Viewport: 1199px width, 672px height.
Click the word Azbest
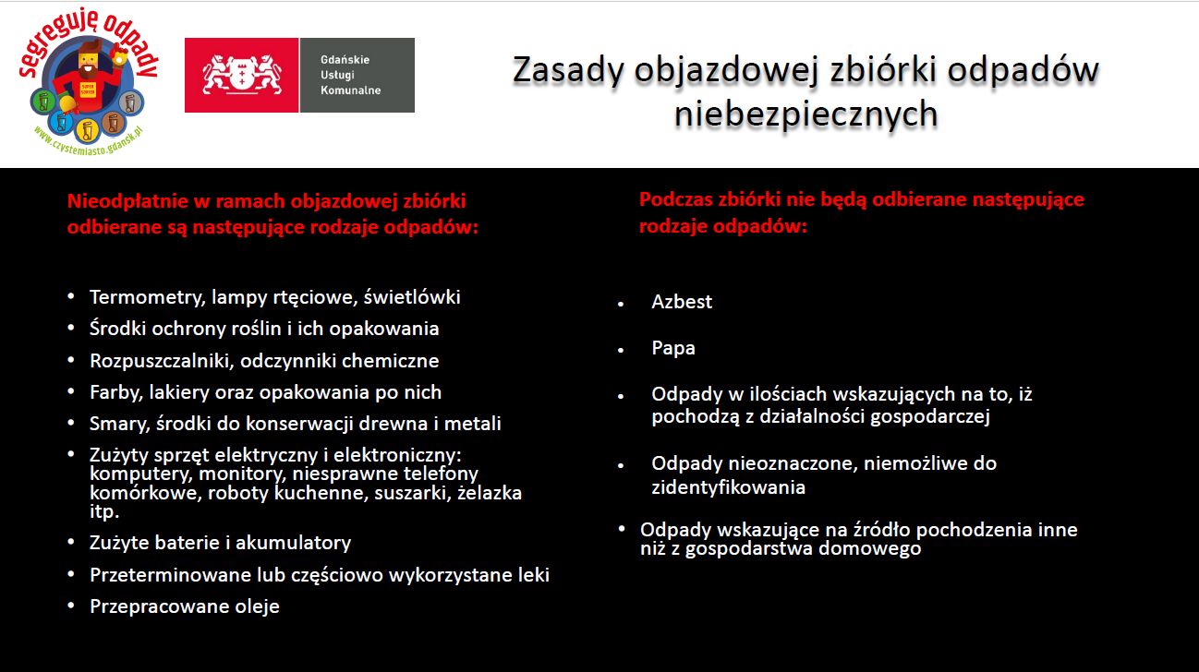pos(682,302)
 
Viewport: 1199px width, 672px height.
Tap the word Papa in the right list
pos(673,348)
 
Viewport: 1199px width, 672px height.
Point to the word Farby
pos(115,392)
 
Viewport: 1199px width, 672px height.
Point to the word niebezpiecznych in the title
pos(805,114)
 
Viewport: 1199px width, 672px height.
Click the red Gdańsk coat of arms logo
pos(241,76)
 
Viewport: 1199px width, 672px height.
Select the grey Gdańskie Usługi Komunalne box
pos(357,76)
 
